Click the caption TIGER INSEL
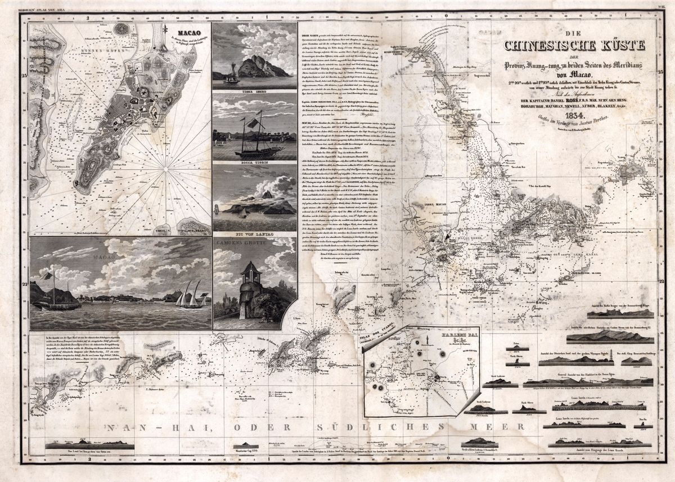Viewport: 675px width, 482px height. point(255,88)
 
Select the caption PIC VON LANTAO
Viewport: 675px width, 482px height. point(255,233)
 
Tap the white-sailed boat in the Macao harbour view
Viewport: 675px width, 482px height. point(190,295)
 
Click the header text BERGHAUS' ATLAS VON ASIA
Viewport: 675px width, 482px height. point(44,9)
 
